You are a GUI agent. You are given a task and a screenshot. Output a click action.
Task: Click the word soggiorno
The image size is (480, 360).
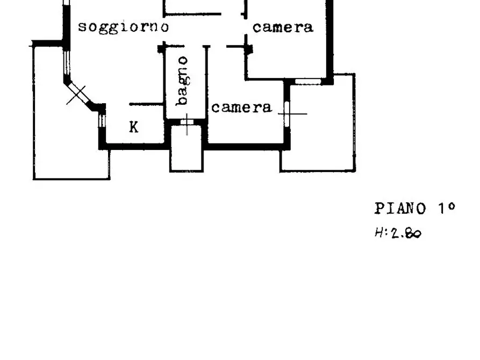click(124, 27)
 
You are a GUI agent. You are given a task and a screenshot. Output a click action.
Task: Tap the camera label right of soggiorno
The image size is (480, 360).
click(283, 27)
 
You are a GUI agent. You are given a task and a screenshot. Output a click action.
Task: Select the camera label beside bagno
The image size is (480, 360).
click(241, 107)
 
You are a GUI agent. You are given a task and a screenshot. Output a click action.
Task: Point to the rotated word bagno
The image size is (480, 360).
click(183, 81)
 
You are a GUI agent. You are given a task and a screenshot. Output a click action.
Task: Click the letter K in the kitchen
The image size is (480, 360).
click(134, 127)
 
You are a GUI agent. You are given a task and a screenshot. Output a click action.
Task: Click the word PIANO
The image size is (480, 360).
click(400, 209)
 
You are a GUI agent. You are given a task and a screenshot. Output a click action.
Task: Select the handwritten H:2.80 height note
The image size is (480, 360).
click(398, 233)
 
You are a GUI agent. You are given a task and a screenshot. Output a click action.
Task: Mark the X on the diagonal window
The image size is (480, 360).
click(76, 95)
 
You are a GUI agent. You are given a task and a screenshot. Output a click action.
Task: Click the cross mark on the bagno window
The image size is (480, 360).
click(187, 124)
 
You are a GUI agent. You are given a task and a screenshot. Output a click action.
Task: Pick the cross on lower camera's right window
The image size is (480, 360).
click(287, 114)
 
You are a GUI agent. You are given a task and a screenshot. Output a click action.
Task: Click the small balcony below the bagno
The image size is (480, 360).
click(187, 148)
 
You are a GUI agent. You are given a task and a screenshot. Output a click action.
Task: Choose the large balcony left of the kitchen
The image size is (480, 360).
click(71, 113)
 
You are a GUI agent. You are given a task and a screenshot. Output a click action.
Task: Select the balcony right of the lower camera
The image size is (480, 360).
click(318, 123)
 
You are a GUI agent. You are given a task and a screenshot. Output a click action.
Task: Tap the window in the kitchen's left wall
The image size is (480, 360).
click(102, 120)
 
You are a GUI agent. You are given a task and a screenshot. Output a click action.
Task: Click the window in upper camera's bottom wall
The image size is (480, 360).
click(307, 82)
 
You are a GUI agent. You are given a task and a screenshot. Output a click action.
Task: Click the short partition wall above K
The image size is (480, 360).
click(146, 104)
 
